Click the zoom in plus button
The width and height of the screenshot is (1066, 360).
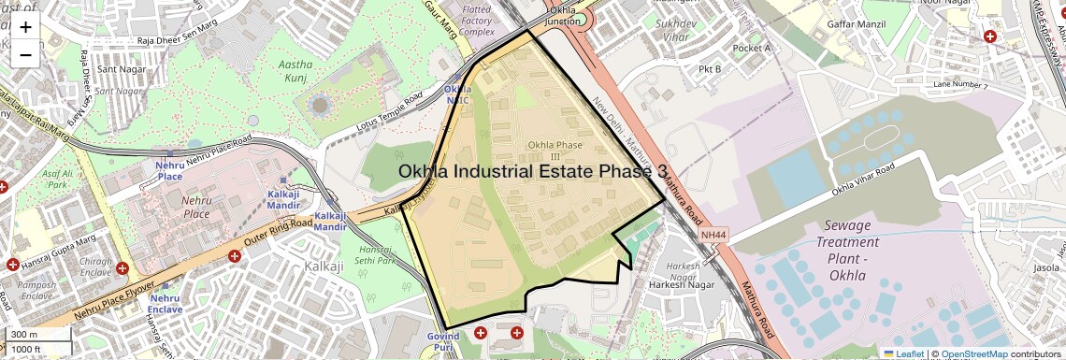coord(25,27)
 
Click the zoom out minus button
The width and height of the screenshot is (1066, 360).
coord(25,54)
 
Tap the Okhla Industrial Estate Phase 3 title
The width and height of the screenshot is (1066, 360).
coord(533,171)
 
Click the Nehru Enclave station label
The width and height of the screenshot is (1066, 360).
coord(165,303)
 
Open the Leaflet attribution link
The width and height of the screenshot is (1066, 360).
coord(902,353)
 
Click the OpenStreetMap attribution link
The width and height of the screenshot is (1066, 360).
coord(973,353)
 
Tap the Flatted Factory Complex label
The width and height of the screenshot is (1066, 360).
coord(476,20)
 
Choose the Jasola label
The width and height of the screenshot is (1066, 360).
coord(1046,268)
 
